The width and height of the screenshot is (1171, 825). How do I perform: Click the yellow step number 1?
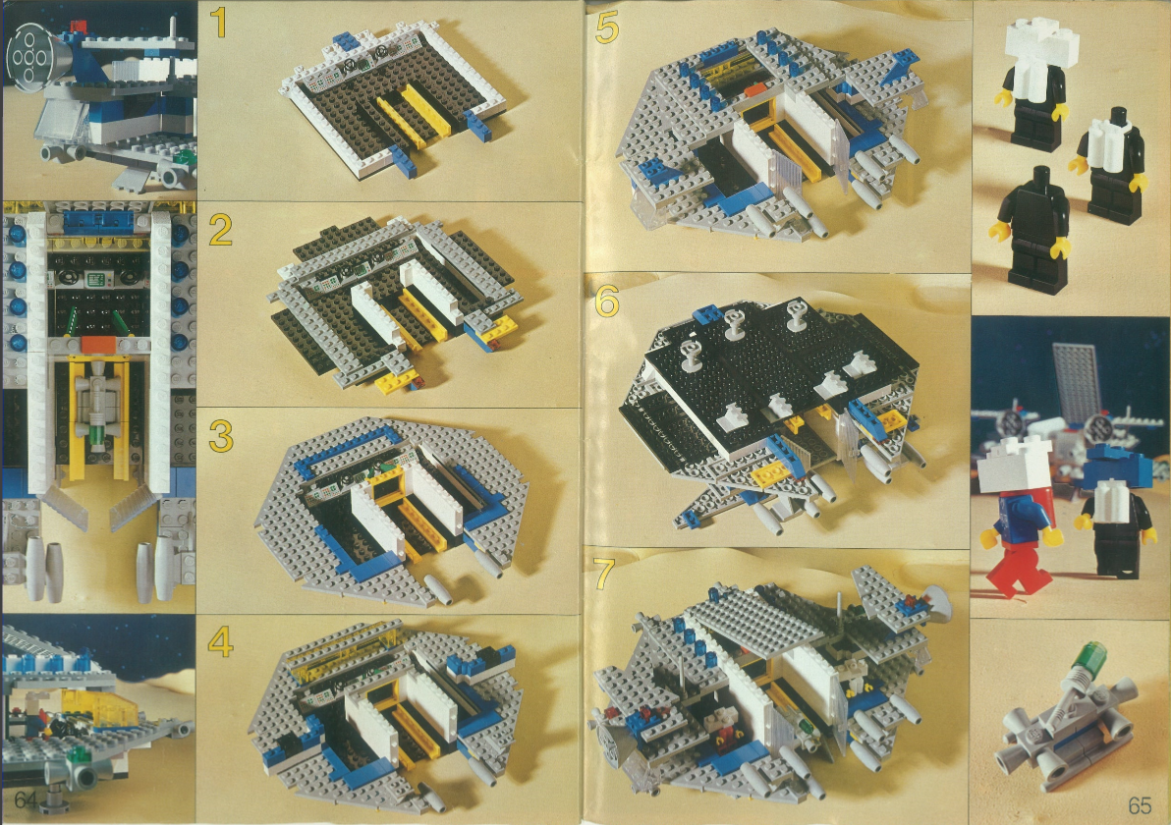click(218, 23)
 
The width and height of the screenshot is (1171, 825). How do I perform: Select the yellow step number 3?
click(221, 436)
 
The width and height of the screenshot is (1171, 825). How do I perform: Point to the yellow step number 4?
click(220, 641)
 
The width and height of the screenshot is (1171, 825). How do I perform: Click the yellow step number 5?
click(607, 28)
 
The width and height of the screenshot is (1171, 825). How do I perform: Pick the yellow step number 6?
click(607, 302)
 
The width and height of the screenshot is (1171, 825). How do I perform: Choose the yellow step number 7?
click(604, 575)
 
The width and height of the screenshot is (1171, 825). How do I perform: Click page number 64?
click(26, 798)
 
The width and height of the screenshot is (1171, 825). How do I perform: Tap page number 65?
click(1140, 805)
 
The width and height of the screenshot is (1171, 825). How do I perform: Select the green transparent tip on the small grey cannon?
click(1087, 654)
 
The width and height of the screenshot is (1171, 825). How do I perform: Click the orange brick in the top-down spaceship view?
click(98, 344)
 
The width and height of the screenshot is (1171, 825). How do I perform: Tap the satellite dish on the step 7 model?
click(934, 602)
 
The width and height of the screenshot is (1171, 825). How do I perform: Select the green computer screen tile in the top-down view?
click(95, 280)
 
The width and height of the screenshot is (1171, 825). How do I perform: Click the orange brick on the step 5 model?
click(755, 90)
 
